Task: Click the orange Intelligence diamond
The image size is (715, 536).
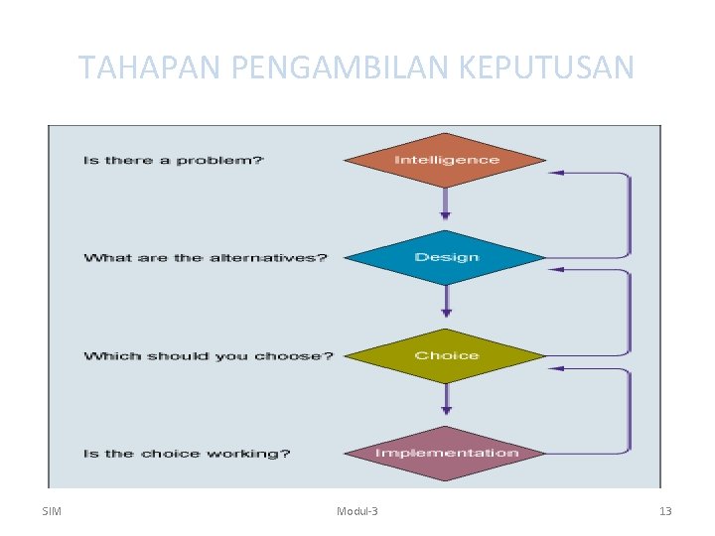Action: [446, 160]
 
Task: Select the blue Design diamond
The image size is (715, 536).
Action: [446, 258]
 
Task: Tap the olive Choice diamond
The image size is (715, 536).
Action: [446, 355]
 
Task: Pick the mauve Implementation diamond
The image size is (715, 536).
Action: [446, 454]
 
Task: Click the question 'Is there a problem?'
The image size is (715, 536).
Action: [174, 161]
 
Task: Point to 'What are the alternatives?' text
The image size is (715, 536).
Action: [206, 258]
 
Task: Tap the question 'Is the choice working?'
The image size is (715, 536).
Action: [187, 454]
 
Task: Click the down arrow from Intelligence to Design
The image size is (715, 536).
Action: [446, 204]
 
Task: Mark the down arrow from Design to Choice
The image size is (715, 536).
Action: [446, 302]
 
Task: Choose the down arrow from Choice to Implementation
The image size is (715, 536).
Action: [446, 399]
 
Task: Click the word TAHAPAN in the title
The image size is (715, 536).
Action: [150, 67]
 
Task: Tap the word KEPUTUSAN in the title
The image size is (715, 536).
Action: [546, 67]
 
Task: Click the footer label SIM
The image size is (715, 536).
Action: [53, 511]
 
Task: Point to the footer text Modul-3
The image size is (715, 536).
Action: [357, 511]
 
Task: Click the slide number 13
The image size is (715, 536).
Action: [665, 511]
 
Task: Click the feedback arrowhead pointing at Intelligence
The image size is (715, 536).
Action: [557, 173]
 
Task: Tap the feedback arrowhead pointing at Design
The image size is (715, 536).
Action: [557, 269]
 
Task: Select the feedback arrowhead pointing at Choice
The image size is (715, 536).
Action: [557, 368]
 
